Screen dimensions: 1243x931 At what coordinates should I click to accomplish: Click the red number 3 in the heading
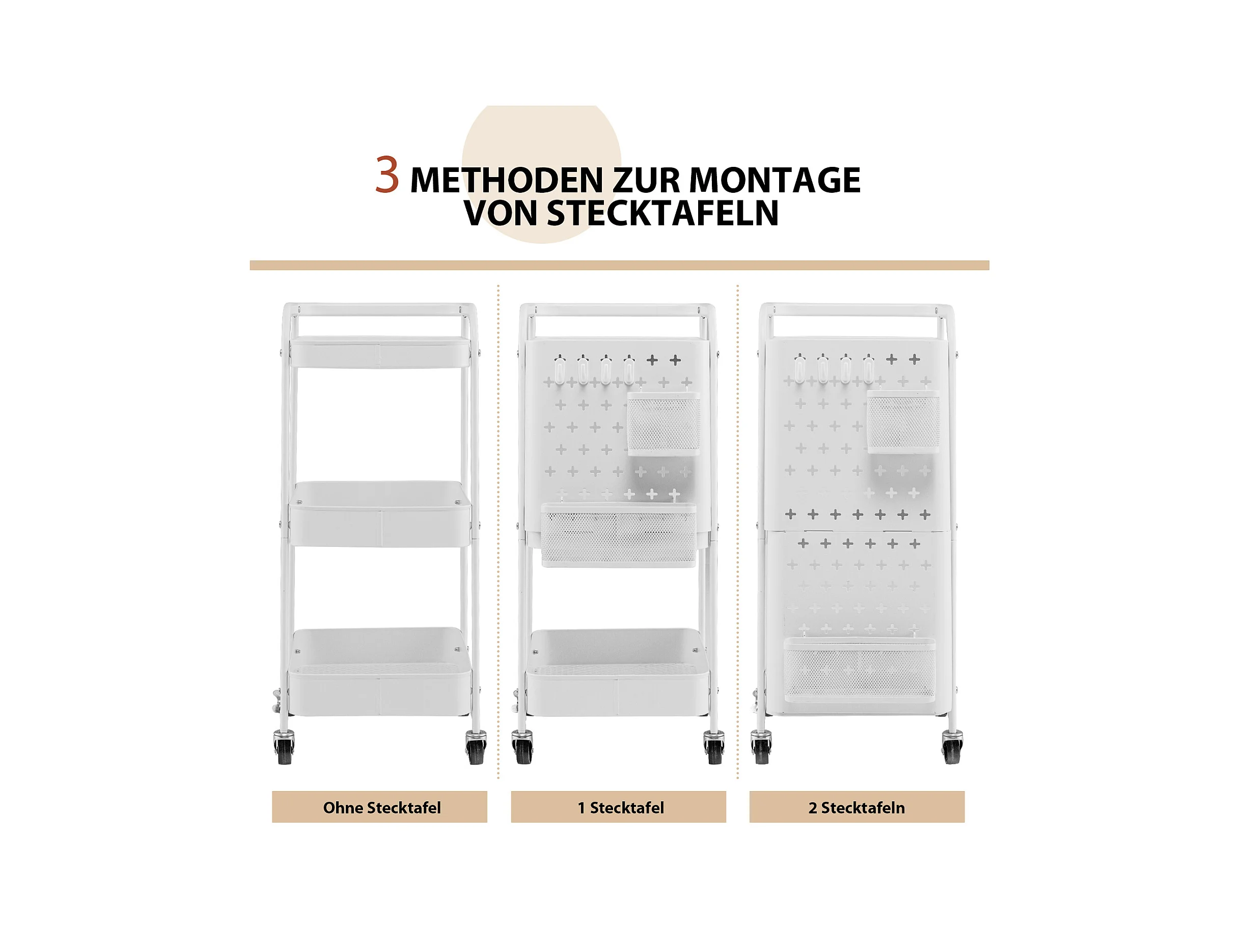(387, 175)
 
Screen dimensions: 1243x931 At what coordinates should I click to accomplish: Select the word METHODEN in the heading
(506, 180)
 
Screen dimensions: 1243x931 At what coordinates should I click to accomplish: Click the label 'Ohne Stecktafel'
(381, 808)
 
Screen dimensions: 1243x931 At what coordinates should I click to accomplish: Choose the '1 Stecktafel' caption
(620, 808)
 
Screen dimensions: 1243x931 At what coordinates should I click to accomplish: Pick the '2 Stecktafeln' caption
(857, 808)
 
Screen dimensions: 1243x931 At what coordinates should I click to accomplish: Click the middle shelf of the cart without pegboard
(380, 513)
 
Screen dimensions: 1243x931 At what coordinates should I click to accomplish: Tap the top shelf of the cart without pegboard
(380, 352)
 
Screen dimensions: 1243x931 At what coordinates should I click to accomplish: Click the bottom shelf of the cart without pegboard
(380, 672)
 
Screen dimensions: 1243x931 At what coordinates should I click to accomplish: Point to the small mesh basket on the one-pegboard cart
(664, 423)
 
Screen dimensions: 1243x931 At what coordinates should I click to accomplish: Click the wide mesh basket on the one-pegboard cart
(618, 535)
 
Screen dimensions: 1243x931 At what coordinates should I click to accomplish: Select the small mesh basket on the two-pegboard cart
(903, 421)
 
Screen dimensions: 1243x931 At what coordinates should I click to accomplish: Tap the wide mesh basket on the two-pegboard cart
(859, 670)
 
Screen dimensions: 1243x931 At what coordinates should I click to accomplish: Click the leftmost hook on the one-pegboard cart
(559, 369)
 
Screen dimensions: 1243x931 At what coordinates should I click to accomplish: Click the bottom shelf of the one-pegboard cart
(618, 672)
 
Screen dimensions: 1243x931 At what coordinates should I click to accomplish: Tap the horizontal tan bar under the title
(619, 265)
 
